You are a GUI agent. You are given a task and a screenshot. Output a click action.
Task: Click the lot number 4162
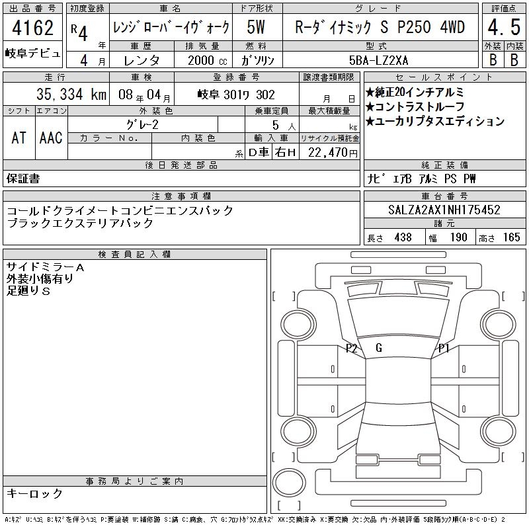pos(32,28)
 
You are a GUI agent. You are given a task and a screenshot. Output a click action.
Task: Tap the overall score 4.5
pos(504,27)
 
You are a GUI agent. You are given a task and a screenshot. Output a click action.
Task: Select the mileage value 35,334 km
pos(71,94)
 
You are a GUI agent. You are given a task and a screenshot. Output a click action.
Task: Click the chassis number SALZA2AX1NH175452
pos(444,210)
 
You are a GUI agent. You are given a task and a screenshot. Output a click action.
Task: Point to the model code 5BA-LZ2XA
pos(378,60)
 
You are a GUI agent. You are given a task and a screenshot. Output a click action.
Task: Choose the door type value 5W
pos(256,27)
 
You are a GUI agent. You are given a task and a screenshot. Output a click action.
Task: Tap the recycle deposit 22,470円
pos(333,153)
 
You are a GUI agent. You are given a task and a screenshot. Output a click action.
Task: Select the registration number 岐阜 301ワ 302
pos(237,95)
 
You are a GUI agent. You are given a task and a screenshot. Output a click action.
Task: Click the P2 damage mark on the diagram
pos(352,348)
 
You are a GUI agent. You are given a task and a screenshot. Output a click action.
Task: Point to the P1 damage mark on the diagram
pos(444,348)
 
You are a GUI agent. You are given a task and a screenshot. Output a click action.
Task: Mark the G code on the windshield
pos(379,348)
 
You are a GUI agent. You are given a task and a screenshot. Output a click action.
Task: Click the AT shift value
pos(19,138)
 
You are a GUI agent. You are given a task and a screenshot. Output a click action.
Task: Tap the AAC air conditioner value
pos(51,138)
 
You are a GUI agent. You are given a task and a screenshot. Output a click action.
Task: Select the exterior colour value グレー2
pos(142,125)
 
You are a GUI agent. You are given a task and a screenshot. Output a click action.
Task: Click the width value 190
pos(458,237)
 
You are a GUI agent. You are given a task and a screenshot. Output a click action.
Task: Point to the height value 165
pos(511,237)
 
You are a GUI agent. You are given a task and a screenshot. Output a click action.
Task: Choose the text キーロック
pos(35,493)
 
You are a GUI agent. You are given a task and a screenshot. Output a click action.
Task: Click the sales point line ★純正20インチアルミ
pos(415,92)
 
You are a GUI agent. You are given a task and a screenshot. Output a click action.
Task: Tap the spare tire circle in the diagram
pos(289,483)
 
